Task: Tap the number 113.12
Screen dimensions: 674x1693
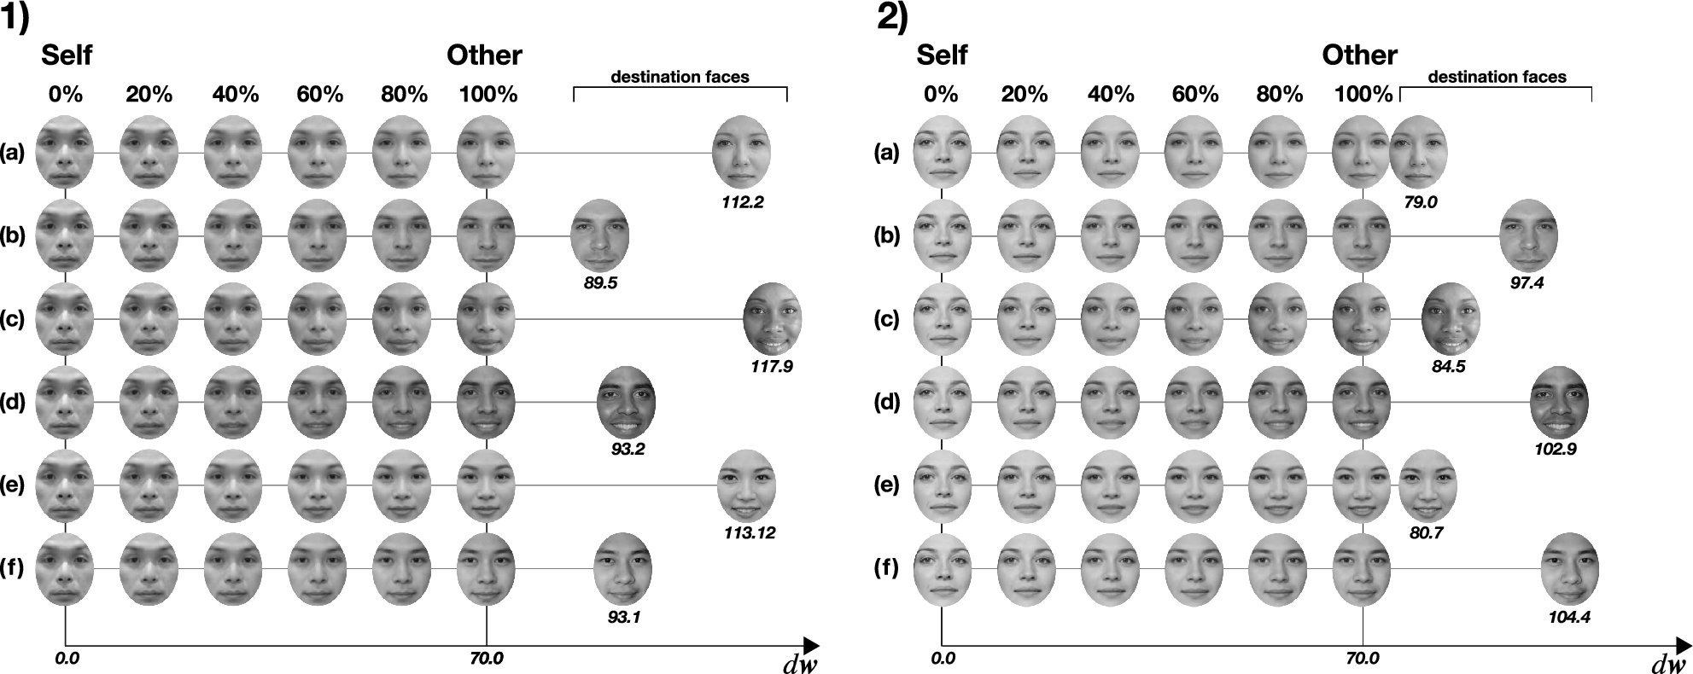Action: pyautogui.click(x=748, y=533)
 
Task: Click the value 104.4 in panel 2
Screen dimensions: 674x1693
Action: pyautogui.click(x=1569, y=617)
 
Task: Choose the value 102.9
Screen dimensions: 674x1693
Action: pyautogui.click(x=1556, y=450)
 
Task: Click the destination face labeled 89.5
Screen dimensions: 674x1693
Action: pyautogui.click(x=600, y=235)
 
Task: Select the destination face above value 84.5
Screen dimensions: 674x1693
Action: pyautogui.click(x=1450, y=318)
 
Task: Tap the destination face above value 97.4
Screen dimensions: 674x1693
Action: pyautogui.click(x=1528, y=235)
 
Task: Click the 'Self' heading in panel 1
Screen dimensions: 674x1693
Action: pyautogui.click(x=67, y=56)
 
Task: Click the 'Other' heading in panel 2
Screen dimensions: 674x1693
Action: pyautogui.click(x=1359, y=56)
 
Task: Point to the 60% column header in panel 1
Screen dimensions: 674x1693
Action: pyautogui.click(x=320, y=95)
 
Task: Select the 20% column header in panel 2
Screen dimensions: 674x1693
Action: pyautogui.click(x=1025, y=95)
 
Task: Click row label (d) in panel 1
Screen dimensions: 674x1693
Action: pyautogui.click(x=13, y=402)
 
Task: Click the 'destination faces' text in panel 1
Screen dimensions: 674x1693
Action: pyautogui.click(x=680, y=78)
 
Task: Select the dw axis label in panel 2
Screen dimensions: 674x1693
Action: pyautogui.click(x=1667, y=665)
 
